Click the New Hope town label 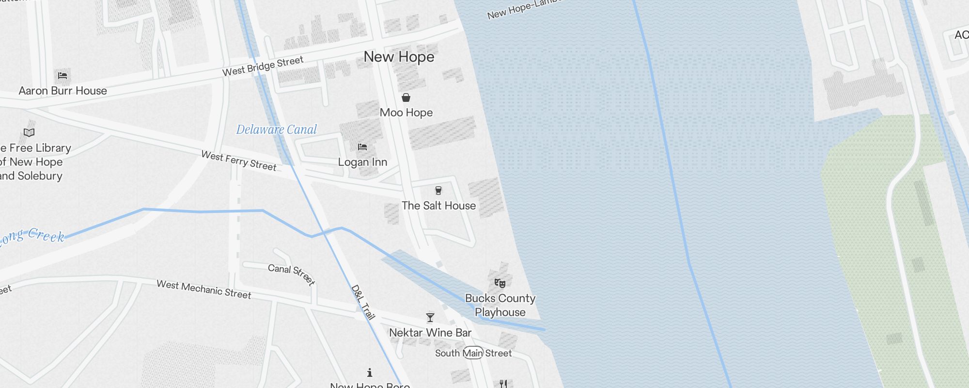399,57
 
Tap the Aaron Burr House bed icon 63,75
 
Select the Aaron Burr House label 63,91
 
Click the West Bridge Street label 263,66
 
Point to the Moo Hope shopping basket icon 406,97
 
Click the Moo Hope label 406,113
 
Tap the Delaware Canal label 276,129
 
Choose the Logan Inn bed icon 362,147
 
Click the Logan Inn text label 362,162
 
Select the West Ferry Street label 239,161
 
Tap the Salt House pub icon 438,190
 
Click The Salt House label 438,206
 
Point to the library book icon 29,132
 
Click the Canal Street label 292,274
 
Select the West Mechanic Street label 203,290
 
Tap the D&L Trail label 363,303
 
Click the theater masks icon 500,283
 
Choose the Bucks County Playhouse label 500,305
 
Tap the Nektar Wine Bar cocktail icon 430,318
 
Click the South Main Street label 473,353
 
